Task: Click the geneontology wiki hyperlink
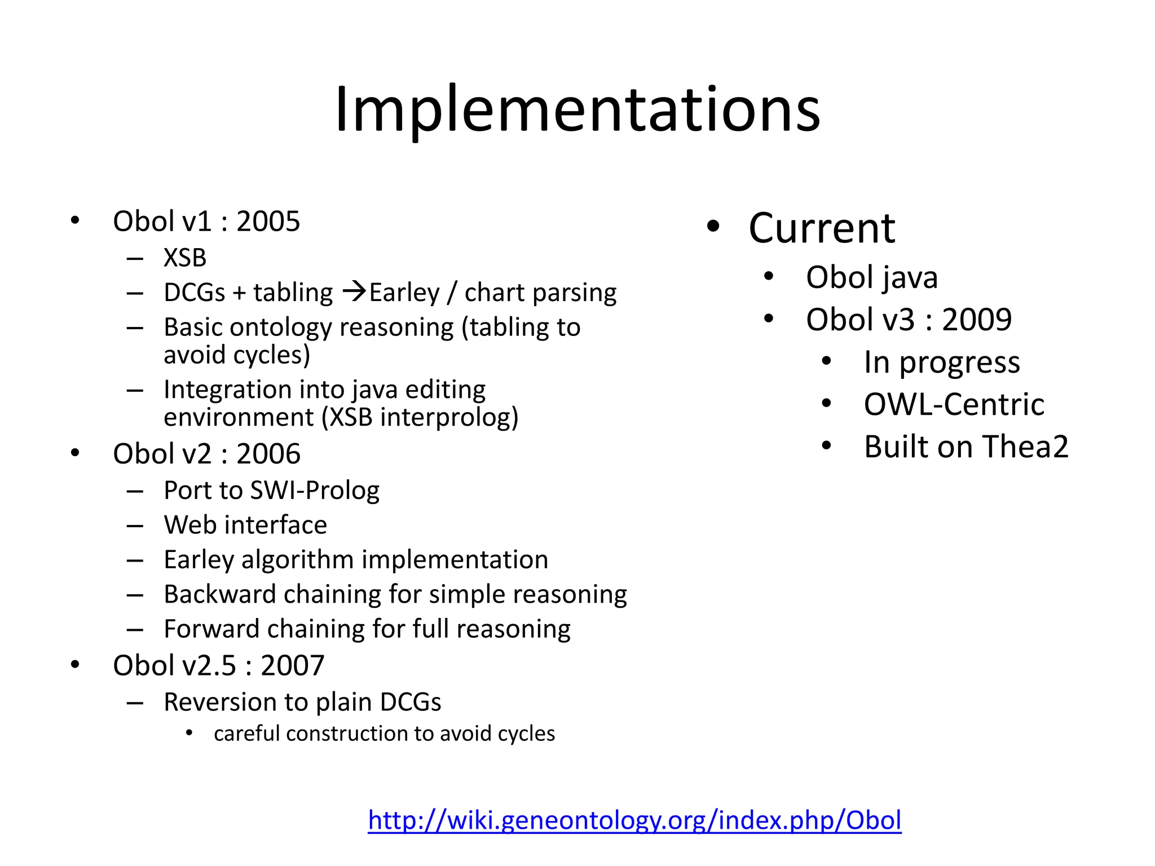(634, 820)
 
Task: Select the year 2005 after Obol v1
(268, 221)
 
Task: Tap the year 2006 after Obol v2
(268, 454)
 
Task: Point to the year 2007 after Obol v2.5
(292, 665)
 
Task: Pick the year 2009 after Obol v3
(977, 320)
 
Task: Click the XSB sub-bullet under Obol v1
(185, 258)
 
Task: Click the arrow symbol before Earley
(355, 292)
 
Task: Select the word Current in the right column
(822, 228)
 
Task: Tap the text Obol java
(872, 277)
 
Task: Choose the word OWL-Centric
(954, 404)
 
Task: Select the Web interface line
(245, 525)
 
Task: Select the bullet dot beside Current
(713, 227)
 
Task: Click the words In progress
(942, 362)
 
